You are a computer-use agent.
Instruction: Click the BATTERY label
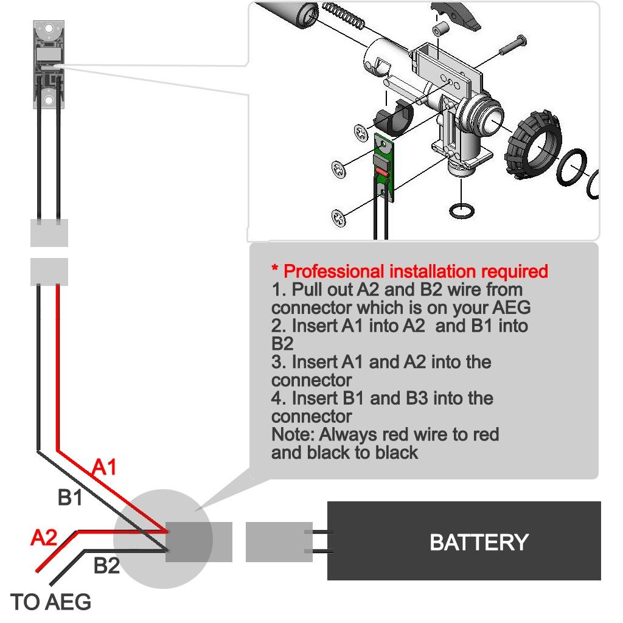click(x=479, y=541)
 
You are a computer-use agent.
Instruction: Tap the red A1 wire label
click(x=104, y=467)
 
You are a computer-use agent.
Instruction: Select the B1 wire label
click(x=70, y=498)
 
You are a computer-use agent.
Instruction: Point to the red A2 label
click(x=44, y=538)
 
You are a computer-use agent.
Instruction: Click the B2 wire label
click(x=106, y=566)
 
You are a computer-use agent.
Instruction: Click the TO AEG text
click(x=52, y=602)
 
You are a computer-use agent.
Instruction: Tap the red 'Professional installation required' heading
click(x=409, y=271)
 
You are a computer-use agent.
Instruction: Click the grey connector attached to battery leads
click(x=279, y=542)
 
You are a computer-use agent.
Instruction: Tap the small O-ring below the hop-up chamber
click(x=462, y=212)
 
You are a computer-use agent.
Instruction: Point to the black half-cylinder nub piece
click(x=392, y=116)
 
